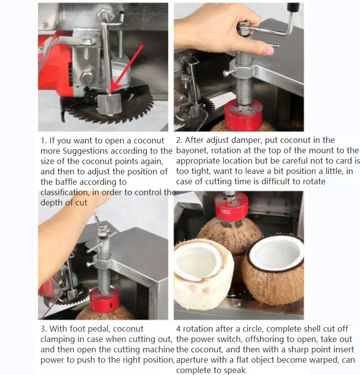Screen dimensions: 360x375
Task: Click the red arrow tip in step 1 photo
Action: click(x=110, y=93)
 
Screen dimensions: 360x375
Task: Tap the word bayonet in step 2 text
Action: click(x=192, y=151)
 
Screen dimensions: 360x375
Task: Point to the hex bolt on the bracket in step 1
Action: click(x=87, y=78)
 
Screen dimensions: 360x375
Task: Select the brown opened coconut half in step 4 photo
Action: click(x=272, y=270)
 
